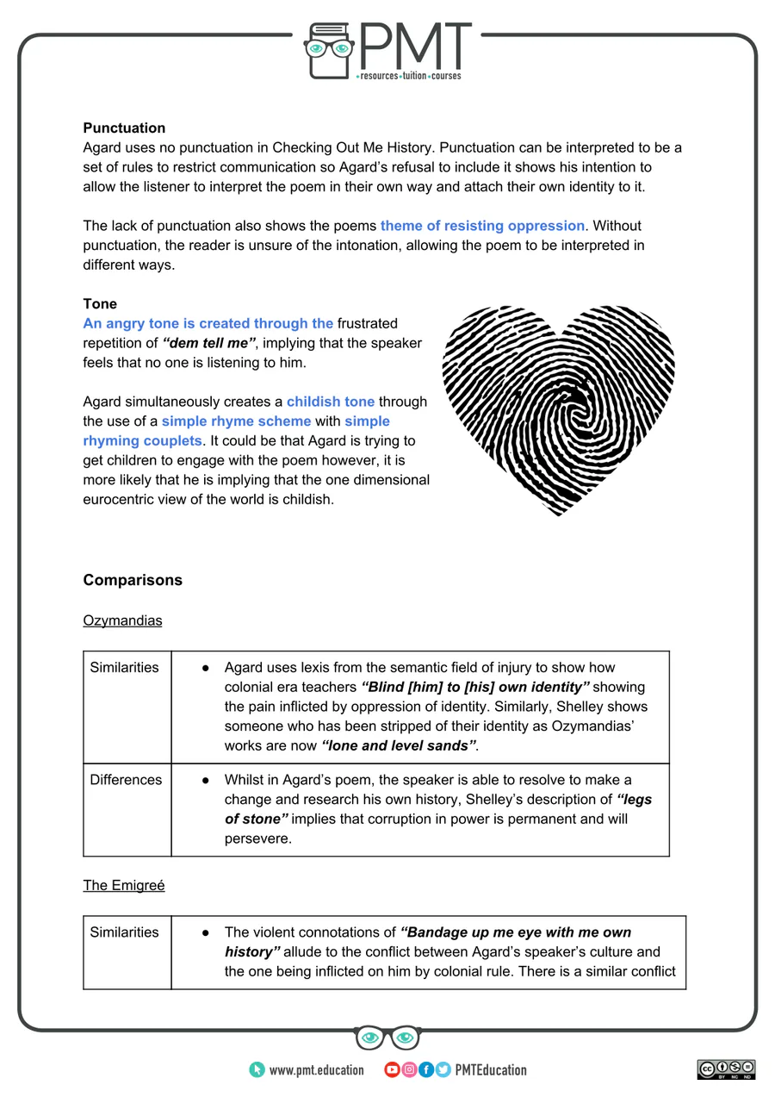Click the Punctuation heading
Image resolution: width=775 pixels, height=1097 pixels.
(124, 128)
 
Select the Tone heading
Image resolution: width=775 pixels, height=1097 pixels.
(100, 304)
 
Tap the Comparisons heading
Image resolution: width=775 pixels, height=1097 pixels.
(133, 580)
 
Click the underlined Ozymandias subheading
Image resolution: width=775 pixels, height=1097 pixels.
(122, 620)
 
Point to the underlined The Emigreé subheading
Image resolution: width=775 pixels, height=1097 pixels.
(123, 885)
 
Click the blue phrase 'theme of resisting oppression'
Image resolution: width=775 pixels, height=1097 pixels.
(482, 226)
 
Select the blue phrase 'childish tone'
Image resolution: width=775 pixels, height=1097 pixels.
(331, 402)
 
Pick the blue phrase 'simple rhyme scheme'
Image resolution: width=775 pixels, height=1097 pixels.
(236, 421)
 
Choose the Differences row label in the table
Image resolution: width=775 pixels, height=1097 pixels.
(126, 780)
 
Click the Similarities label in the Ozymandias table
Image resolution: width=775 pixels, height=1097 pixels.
(124, 668)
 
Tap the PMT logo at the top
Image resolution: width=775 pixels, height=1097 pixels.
(388, 52)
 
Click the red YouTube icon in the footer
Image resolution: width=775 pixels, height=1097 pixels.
(392, 1070)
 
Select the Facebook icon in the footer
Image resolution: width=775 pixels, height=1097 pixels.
(426, 1070)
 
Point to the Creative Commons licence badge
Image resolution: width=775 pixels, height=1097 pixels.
(726, 1069)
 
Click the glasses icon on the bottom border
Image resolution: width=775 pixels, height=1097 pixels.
(387, 1038)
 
